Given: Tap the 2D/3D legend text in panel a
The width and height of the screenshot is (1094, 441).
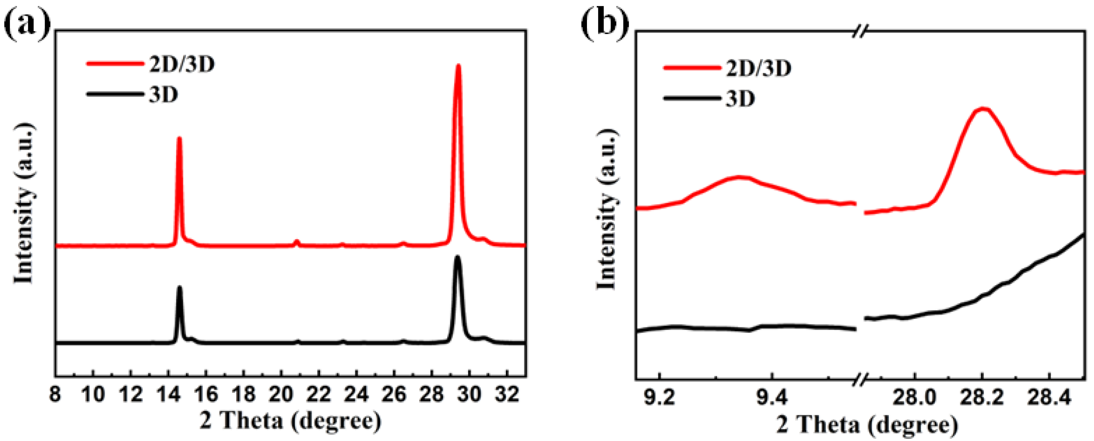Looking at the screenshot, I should (182, 65).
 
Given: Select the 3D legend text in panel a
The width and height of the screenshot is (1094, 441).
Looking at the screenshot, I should (163, 94).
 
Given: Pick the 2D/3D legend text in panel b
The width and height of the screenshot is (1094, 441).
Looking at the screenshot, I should (758, 68).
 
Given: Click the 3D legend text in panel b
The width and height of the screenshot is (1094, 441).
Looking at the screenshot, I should (740, 99).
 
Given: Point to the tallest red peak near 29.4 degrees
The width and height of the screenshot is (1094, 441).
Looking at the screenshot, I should (458, 66).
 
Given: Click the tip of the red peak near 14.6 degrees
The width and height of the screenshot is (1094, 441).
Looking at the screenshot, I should (179, 138).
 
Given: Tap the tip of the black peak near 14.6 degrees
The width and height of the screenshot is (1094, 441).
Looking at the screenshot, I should (179, 288).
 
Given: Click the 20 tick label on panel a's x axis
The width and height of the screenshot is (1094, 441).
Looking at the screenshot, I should (281, 395).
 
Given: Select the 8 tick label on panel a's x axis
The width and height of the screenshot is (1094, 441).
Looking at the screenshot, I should (55, 395).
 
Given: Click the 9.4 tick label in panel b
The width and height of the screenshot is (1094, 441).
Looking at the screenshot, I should (772, 398).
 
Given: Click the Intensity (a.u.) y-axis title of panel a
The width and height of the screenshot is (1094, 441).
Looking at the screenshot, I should (24, 204).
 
